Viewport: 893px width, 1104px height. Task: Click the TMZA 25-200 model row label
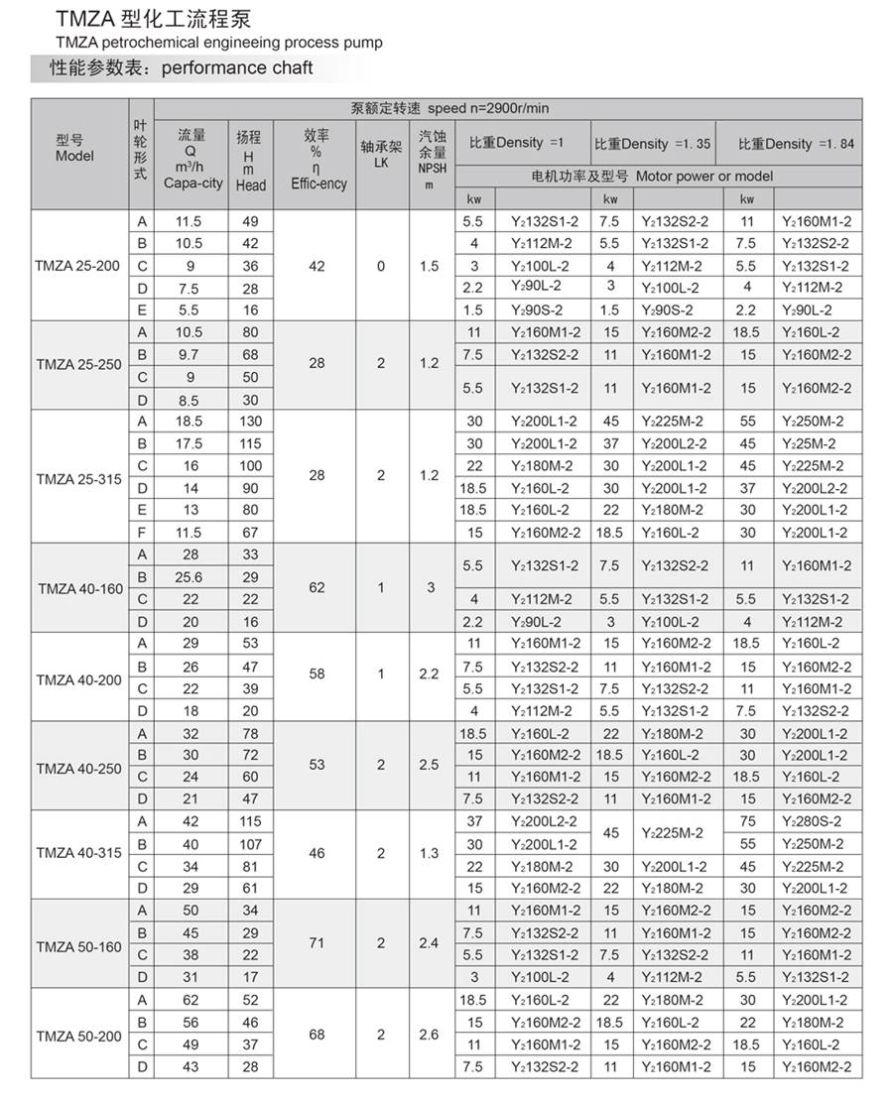point(78,265)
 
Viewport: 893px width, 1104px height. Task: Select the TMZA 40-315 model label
point(78,854)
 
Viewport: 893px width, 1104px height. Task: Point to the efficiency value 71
point(317,943)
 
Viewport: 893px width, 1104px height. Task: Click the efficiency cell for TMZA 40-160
point(317,587)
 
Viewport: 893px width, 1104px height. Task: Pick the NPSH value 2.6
point(429,1035)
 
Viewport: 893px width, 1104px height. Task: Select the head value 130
point(251,422)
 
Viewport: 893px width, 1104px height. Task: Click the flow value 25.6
point(190,576)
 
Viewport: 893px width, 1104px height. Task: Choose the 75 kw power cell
point(747,821)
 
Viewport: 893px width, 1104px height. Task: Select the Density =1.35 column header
point(653,144)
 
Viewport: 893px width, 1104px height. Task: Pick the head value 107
point(251,844)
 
